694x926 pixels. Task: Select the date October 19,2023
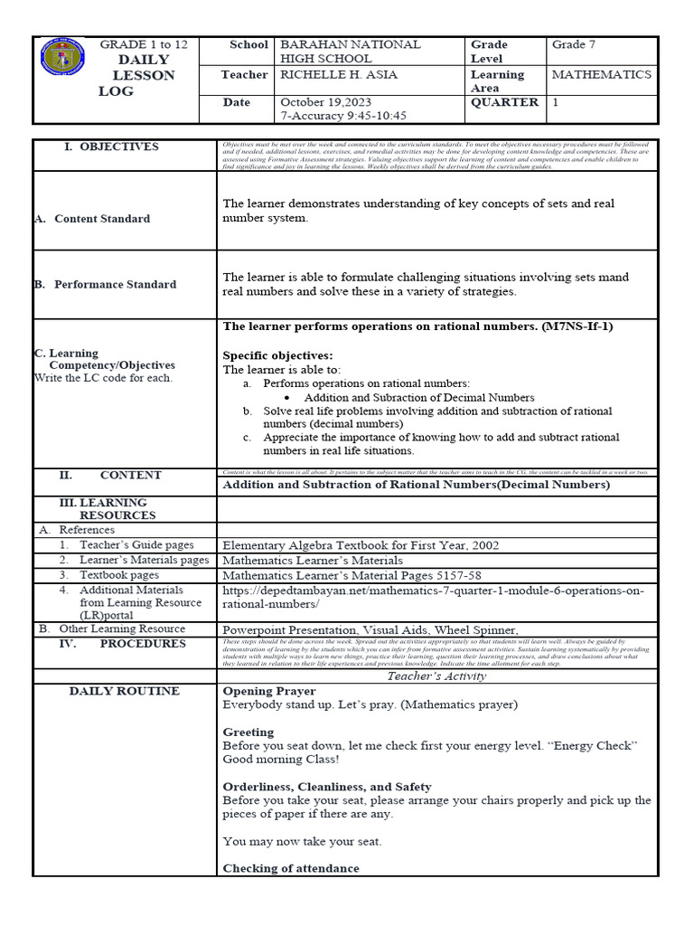(325, 102)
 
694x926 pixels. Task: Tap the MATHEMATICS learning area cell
(601, 74)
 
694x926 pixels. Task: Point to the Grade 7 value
(574, 44)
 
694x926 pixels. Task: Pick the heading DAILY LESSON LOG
(136, 76)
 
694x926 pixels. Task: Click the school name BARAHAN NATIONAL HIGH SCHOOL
(351, 52)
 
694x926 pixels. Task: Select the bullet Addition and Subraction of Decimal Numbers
(419, 397)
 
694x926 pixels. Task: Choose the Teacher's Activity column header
(436, 676)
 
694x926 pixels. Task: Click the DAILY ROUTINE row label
(125, 691)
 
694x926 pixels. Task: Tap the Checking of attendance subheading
(291, 868)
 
